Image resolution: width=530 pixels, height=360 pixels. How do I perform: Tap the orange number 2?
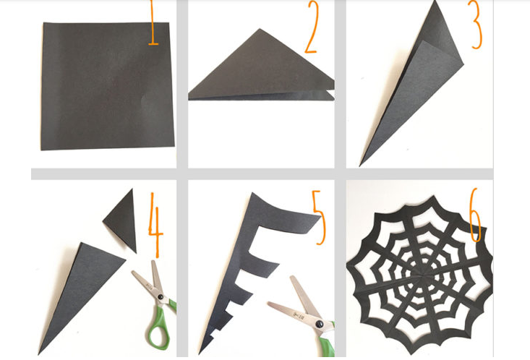[312, 27]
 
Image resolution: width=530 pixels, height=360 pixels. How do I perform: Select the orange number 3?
[476, 25]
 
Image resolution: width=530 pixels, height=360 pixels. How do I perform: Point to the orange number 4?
[155, 224]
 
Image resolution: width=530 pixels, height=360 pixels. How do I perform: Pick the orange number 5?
[318, 217]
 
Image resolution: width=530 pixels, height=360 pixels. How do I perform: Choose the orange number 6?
[475, 215]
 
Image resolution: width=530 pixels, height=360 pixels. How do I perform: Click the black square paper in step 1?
[108, 86]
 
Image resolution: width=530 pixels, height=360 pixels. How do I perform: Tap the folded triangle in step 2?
[260, 68]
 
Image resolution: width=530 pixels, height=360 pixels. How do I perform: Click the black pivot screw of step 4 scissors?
[161, 297]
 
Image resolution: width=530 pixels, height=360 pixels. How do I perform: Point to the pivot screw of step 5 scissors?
[319, 324]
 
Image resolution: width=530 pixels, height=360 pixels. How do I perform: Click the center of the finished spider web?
[419, 274]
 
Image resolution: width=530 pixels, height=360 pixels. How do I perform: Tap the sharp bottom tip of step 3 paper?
[359, 166]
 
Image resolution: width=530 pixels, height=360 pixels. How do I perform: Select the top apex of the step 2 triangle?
[260, 29]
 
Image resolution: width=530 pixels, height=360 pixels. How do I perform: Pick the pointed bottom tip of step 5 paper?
[200, 353]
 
